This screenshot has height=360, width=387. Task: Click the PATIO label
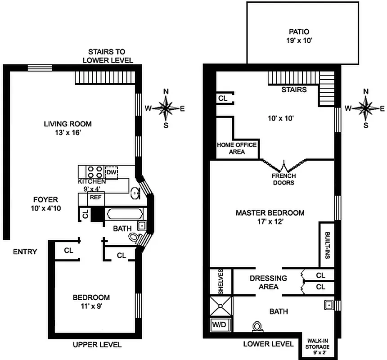[x=299, y=32]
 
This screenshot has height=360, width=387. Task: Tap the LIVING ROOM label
[x=67, y=124]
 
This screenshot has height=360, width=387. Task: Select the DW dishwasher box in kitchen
[x=111, y=172]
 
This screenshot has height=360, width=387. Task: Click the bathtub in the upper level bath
[x=125, y=214]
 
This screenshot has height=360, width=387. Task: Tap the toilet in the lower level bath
[x=257, y=327]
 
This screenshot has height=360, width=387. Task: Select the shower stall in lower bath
[x=221, y=306]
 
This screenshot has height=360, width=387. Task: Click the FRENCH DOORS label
[x=283, y=180]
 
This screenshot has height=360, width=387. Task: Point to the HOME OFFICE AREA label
[x=237, y=148]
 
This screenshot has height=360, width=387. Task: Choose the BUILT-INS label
[x=327, y=245]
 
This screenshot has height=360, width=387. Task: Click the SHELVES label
[x=220, y=282]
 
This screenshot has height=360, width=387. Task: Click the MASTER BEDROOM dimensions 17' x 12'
[x=270, y=221]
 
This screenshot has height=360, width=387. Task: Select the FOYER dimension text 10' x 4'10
[x=45, y=208]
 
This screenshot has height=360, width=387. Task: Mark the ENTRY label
[x=25, y=252]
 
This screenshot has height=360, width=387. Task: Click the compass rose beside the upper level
[x=166, y=108]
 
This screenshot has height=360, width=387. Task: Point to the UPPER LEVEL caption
[x=97, y=345]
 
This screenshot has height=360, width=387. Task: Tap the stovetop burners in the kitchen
[x=95, y=172]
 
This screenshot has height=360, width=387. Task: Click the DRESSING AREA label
[x=268, y=283]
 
